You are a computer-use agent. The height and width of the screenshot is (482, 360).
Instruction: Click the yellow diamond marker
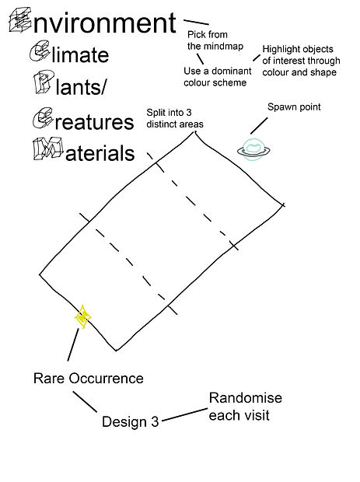(82, 316)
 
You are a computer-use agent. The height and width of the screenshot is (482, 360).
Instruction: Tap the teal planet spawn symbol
(253, 150)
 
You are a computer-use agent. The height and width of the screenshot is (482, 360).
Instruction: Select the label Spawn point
(294, 107)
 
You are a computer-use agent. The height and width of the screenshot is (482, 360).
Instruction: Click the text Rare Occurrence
(88, 378)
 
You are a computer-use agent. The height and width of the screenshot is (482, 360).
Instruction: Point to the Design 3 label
(130, 421)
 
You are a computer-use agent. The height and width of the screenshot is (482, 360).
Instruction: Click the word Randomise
(246, 398)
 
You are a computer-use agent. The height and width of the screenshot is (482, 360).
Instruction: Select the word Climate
(69, 52)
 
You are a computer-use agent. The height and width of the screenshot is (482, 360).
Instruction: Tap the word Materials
(84, 149)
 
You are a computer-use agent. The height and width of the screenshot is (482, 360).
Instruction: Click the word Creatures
(83, 119)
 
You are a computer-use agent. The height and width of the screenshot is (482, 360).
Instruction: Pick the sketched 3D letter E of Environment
(20, 19)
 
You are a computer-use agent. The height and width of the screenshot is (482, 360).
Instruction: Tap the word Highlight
(280, 50)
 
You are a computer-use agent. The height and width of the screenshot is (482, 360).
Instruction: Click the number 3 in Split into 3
(188, 113)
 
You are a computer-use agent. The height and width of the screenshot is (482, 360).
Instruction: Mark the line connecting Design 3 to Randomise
(185, 414)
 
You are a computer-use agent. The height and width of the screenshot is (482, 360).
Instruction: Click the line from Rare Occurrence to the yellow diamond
(73, 344)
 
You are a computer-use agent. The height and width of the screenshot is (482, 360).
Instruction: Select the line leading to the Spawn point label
(259, 126)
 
